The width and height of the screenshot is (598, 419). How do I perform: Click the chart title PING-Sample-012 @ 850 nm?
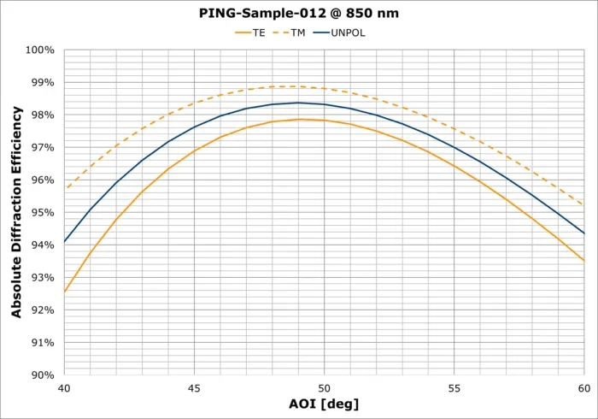tap(299, 14)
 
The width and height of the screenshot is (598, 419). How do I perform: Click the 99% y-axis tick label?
tap(42, 83)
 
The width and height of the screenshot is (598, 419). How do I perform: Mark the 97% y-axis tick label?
tap(42, 148)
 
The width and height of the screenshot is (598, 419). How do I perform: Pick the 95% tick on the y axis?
tap(42, 213)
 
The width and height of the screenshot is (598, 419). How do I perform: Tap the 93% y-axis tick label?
tap(42, 278)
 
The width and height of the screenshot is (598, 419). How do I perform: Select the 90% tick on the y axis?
tap(42, 375)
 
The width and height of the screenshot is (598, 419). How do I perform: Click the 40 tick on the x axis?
tap(64, 388)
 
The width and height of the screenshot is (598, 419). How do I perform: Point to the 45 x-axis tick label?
tap(194, 388)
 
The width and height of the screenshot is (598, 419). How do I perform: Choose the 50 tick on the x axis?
tap(325, 388)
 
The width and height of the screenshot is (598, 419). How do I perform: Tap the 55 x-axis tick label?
tap(454, 388)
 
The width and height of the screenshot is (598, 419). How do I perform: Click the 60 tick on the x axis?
tap(584, 388)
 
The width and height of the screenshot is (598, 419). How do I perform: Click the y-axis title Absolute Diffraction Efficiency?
tap(16, 212)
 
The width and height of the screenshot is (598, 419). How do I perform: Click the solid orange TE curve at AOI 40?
tap(65, 292)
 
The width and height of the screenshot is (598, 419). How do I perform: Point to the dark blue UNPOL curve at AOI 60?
tap(583, 233)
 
